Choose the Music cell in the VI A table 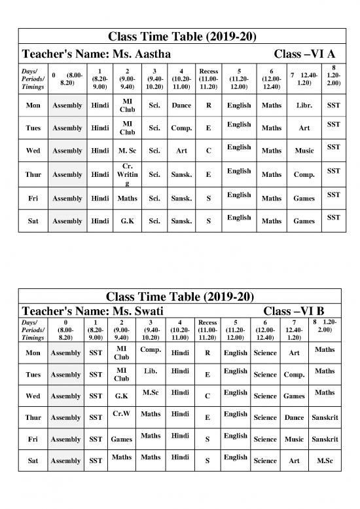click(x=304, y=151)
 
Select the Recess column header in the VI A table click(x=208, y=76)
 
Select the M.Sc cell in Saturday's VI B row click(x=325, y=461)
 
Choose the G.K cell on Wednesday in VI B click(x=120, y=396)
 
